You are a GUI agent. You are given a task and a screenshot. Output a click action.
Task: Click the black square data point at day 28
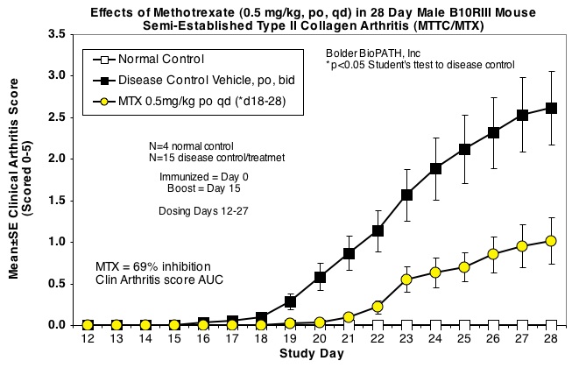click(x=551, y=108)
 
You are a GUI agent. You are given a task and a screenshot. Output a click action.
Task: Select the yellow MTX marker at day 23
click(x=406, y=280)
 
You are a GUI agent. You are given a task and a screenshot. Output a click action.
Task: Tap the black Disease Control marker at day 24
click(x=435, y=168)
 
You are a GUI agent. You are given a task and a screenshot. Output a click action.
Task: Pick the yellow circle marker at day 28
click(x=551, y=240)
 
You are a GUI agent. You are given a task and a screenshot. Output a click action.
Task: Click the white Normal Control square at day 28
click(x=551, y=324)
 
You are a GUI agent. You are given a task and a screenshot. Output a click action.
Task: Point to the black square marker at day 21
click(x=349, y=253)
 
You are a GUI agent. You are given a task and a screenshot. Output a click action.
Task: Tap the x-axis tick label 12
click(x=88, y=338)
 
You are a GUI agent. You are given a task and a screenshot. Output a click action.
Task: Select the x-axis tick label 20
click(x=320, y=338)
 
